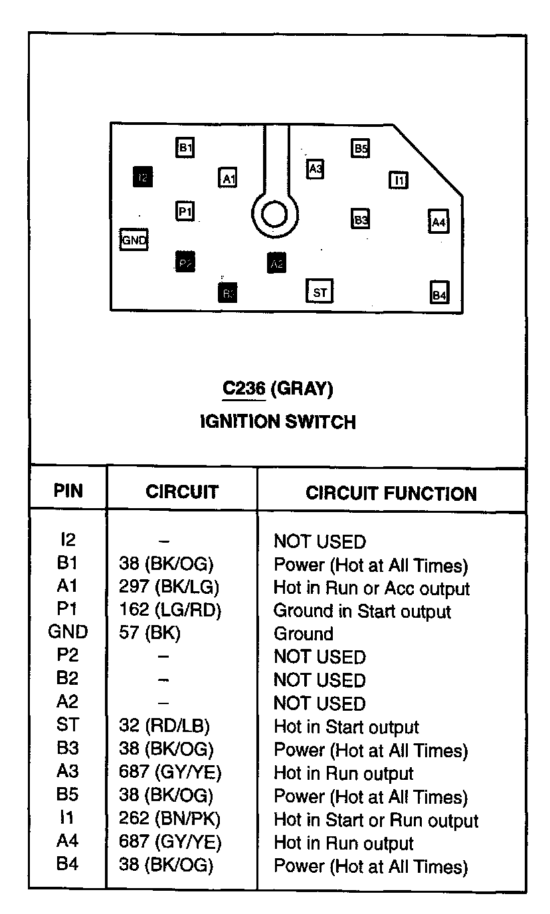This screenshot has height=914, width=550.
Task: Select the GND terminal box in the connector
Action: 134,239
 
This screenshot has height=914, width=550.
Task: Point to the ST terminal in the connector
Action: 320,291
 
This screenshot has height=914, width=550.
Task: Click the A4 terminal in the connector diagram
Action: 438,222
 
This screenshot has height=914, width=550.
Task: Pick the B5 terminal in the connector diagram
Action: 360,148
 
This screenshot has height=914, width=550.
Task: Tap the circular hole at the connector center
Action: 274,214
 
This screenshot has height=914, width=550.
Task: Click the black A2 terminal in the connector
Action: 277,263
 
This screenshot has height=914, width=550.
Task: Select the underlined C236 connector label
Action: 244,389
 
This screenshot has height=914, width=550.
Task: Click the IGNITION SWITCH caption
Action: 278,422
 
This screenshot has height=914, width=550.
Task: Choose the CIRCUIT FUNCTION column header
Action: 391,494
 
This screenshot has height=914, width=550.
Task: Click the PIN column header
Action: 68,492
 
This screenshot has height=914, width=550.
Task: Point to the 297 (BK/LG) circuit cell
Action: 169,588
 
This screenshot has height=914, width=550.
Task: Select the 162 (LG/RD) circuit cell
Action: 169,611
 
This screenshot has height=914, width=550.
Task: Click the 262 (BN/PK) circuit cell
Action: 169,820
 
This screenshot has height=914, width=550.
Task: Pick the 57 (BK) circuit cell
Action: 149,634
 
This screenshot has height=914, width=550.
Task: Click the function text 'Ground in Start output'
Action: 362,611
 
